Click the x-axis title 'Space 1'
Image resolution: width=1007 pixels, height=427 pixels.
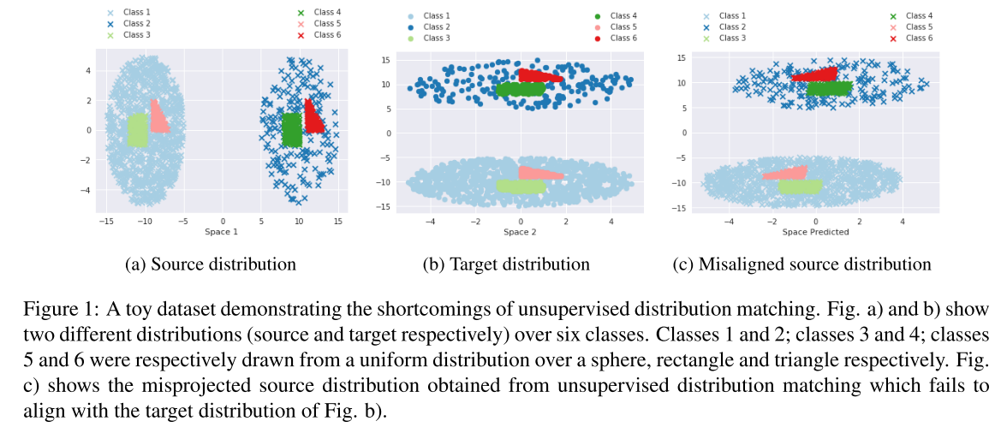223,232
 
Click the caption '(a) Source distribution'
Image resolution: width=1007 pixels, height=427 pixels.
211,264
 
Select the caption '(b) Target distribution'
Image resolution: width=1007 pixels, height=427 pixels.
506,264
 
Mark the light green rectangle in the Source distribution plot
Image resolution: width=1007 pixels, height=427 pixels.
137,130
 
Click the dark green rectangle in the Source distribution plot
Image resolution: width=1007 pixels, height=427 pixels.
292,130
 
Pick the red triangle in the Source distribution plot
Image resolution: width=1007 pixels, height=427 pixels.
313,118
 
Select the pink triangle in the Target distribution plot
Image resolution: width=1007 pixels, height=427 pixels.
535,173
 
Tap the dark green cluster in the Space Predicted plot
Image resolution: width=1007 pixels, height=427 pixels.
829,87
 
